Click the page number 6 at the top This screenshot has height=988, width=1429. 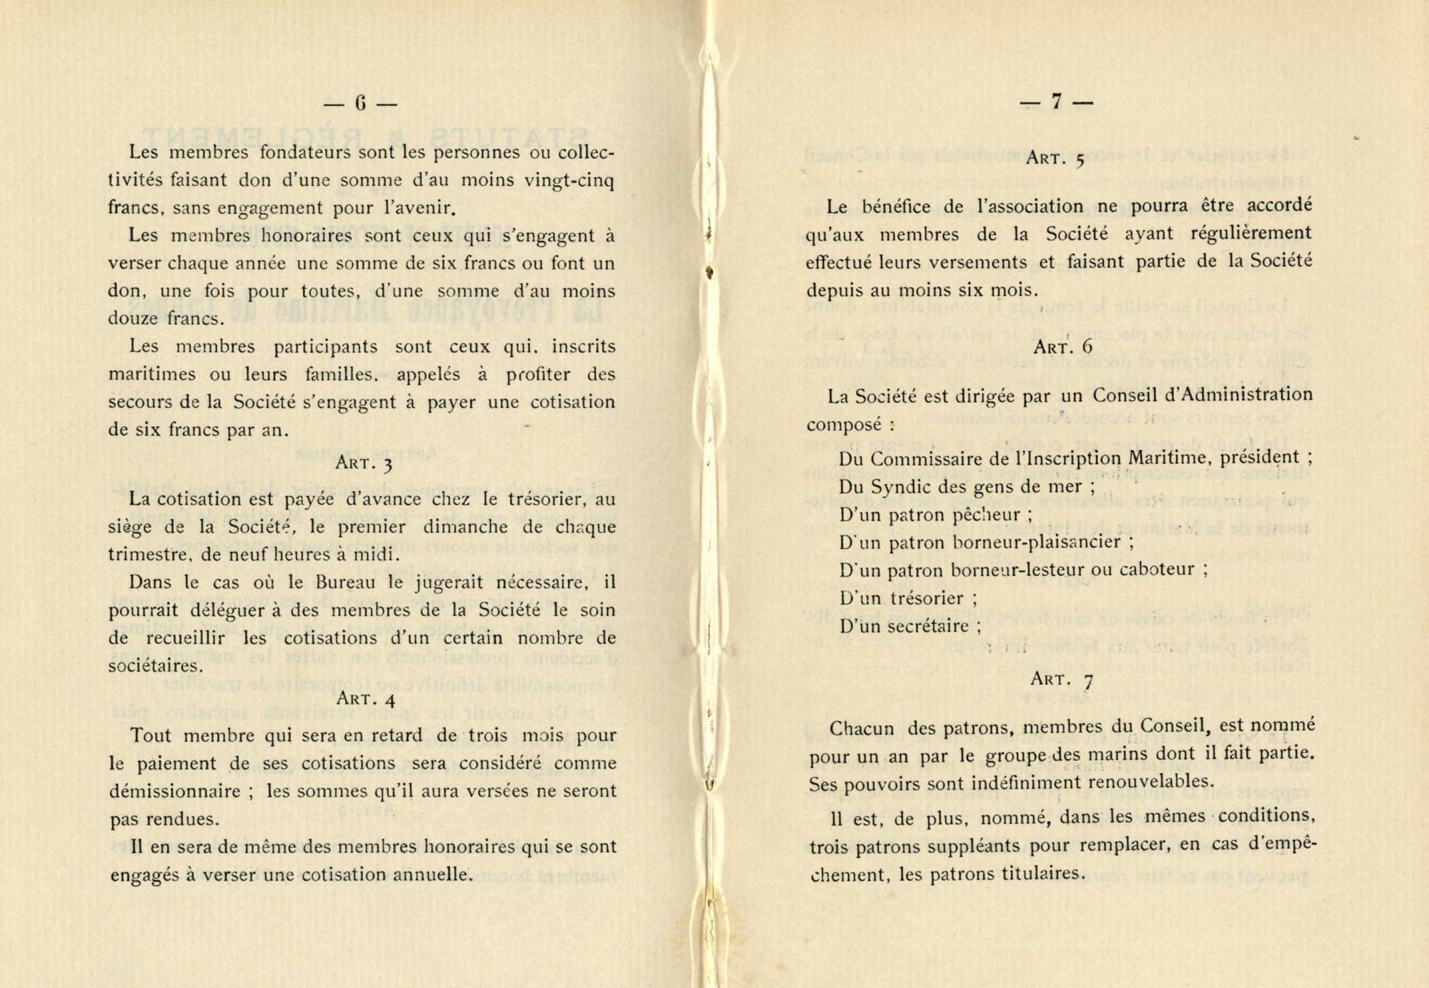click(x=360, y=104)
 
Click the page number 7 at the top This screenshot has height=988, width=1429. click(x=1056, y=103)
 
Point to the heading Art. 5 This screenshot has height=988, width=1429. click(x=1056, y=159)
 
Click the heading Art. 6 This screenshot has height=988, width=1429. click(x=1063, y=347)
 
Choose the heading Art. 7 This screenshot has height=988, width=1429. click(x=1062, y=679)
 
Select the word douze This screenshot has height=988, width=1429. click(x=134, y=319)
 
